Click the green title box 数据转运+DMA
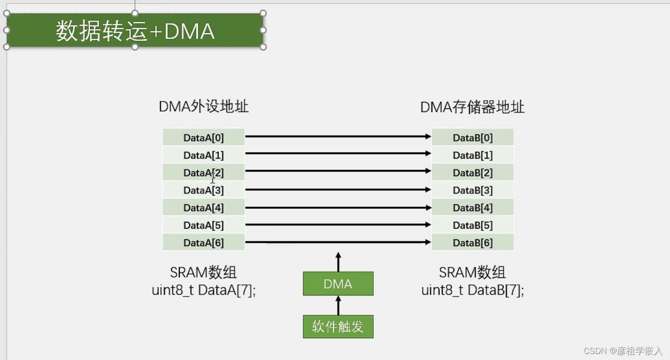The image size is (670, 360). click(x=135, y=30)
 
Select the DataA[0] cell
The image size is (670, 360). click(x=203, y=137)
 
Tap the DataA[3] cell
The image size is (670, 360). click(x=203, y=190)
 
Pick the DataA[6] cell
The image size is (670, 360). click(x=203, y=242)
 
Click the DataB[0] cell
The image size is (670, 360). click(x=472, y=137)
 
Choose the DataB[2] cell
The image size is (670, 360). click(x=472, y=172)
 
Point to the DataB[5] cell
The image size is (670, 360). click(x=472, y=225)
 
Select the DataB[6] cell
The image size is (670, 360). click(x=472, y=242)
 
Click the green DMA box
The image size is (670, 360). click(x=338, y=284)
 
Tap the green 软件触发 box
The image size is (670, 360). click(x=338, y=327)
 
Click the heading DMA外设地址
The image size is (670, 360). click(x=203, y=107)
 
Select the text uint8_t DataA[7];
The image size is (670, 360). click(x=203, y=290)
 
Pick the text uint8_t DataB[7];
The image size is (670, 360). click(x=472, y=290)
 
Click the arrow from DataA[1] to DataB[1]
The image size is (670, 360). click(x=338, y=153)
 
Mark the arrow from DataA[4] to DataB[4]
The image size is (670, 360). click(x=338, y=208)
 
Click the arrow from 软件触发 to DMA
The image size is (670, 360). click(x=338, y=305)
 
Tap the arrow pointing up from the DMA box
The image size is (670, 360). click(x=338, y=262)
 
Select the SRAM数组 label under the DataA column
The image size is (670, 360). click(x=203, y=272)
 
